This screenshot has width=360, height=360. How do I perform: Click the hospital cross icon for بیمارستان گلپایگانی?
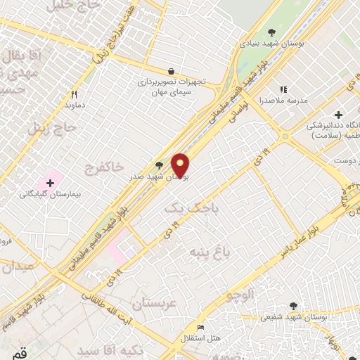tap(49, 183)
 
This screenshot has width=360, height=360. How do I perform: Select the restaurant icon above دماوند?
tap(73, 94)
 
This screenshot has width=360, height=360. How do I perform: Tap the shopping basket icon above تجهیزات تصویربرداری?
tap(171, 70)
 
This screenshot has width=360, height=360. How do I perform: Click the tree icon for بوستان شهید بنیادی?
tap(272, 32)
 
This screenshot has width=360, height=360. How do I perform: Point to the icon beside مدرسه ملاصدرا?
tap(284, 90)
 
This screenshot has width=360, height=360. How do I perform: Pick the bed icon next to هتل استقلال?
tap(201, 327)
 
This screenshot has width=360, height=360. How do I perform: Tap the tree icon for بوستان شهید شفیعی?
tap(293, 306)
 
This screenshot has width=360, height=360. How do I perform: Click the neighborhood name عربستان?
tap(153, 304)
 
